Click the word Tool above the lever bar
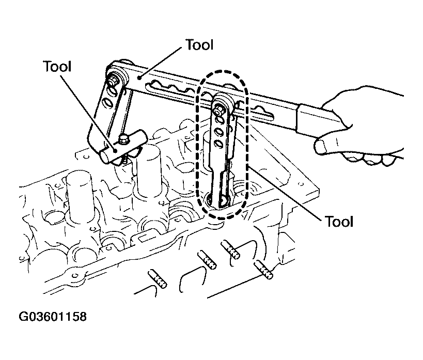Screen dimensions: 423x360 click(x=200, y=45)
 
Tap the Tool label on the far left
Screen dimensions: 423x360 click(x=57, y=67)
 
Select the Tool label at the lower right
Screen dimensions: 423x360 click(x=339, y=222)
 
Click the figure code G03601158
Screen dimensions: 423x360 click(x=53, y=316)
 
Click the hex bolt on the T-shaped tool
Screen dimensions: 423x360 click(x=124, y=139)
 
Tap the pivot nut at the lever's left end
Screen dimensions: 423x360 click(x=112, y=80)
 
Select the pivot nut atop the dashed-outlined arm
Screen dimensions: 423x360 click(x=219, y=109)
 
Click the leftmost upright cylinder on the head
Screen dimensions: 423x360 click(x=80, y=197)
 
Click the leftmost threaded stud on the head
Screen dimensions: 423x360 click(x=158, y=279)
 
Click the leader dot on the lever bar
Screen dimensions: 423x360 click(x=139, y=78)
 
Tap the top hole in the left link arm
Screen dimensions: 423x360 click(x=111, y=89)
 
